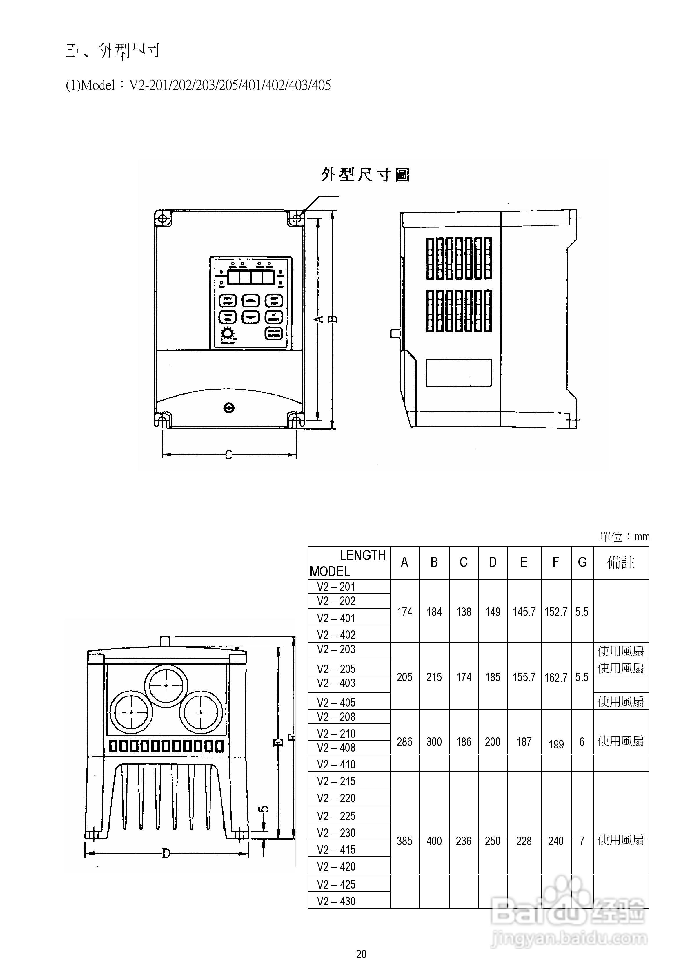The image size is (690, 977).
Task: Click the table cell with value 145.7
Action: click(524, 612)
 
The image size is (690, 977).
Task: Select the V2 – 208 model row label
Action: click(336, 717)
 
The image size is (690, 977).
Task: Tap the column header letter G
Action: click(582, 562)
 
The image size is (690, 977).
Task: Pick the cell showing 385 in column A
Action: click(404, 841)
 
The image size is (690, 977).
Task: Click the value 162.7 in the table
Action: click(555, 677)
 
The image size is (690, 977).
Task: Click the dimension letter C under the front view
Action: click(228, 455)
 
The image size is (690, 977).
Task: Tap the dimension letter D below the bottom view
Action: click(166, 853)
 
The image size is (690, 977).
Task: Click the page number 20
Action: click(361, 954)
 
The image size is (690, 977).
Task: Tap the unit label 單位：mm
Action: click(624, 537)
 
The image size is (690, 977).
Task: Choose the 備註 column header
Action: click(621, 562)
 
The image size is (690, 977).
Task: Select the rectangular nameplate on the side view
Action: click(459, 373)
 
